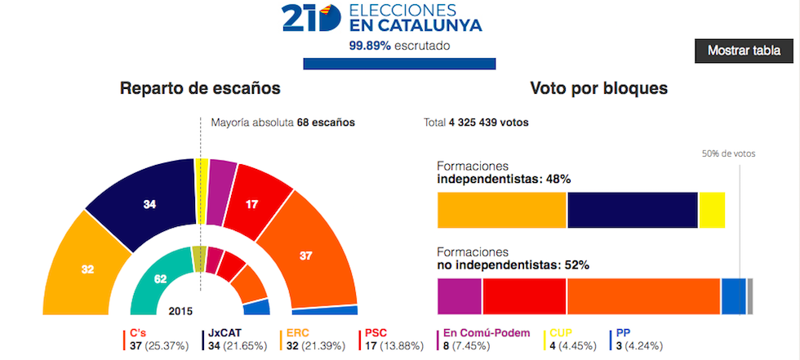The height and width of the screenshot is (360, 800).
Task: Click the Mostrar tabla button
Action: [x=744, y=51]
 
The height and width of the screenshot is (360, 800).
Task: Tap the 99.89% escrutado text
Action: [x=399, y=46]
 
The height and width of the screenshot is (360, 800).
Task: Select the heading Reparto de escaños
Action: [x=200, y=88]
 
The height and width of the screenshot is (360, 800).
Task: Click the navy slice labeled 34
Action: [x=147, y=205]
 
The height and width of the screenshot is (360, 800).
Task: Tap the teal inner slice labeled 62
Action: [x=161, y=278]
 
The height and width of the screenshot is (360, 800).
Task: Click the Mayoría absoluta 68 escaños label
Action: [x=282, y=123]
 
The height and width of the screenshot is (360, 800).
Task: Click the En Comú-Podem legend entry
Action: [x=486, y=340]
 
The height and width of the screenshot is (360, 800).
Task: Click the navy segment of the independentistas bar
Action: [x=632, y=210]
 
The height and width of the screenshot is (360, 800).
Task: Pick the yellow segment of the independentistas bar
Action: [x=711, y=210]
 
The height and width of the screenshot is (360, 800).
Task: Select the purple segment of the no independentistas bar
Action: [x=460, y=296]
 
